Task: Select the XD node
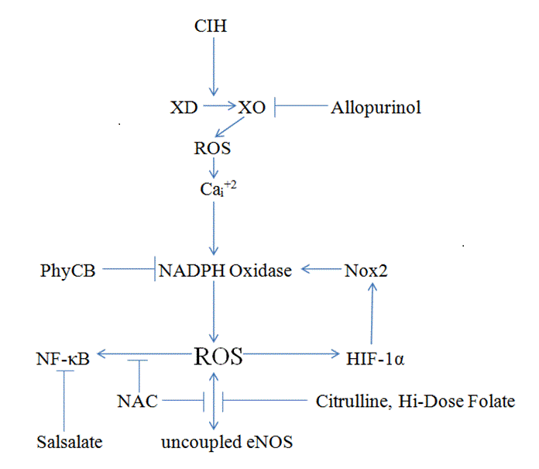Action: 184,107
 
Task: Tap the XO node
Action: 252,107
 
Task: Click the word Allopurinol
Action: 376,107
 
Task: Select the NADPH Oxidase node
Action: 225,271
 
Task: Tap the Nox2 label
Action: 369,271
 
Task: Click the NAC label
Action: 137,401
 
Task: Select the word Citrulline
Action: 348,401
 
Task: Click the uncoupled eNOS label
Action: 227,443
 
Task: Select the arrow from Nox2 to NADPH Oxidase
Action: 321,270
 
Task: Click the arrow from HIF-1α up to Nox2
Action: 372,314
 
